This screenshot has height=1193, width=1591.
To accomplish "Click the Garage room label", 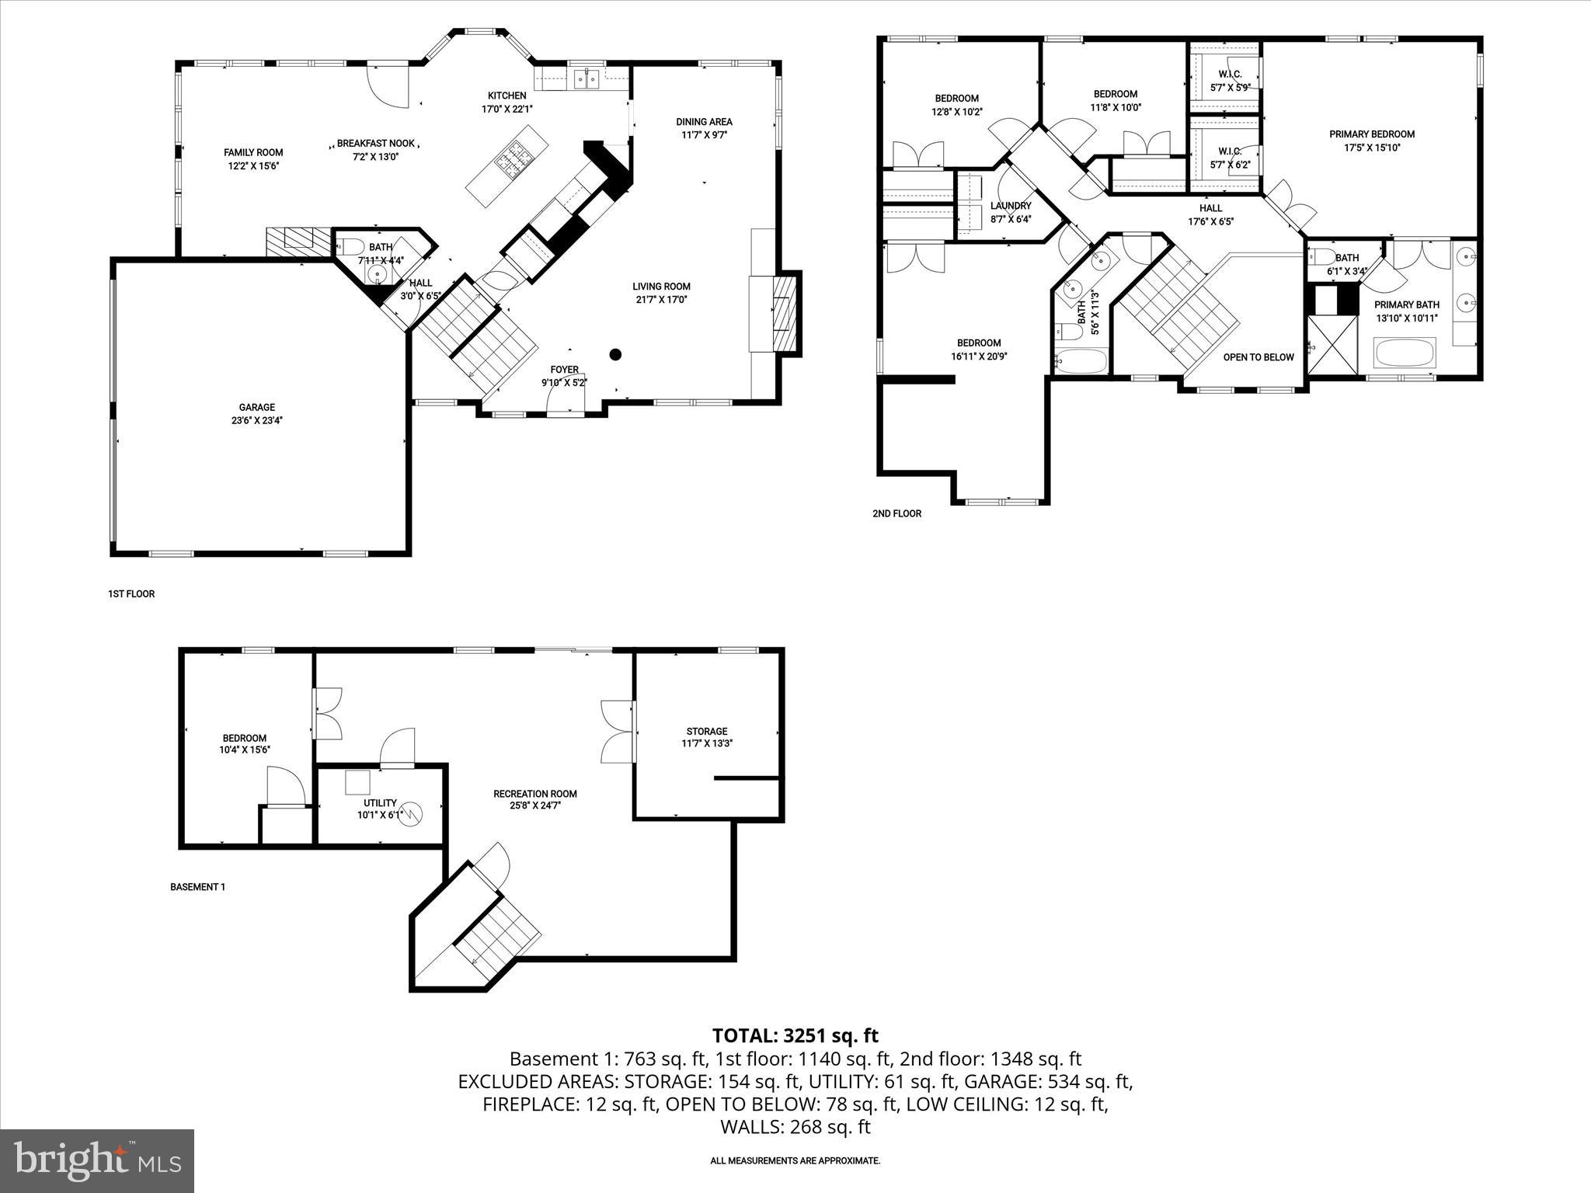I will (x=256, y=413).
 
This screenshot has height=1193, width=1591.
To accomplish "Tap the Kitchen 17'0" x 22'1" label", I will (x=507, y=102).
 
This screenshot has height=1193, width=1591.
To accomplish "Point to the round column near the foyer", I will (x=615, y=355).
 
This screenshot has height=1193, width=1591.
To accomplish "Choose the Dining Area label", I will (x=704, y=127).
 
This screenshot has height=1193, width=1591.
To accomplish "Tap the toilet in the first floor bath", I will (x=351, y=248).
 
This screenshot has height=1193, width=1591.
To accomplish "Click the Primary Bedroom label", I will (x=1371, y=141).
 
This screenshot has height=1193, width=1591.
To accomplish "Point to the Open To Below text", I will (x=1259, y=357).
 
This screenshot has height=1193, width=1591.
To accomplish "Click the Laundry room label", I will (x=1010, y=212).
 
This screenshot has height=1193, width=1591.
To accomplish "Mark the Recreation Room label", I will (x=534, y=799).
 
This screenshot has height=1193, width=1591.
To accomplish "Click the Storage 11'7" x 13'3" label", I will (x=706, y=736).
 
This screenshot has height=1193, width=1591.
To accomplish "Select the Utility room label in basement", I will (x=380, y=809).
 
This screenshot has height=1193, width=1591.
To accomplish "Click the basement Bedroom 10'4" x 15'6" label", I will (x=244, y=743).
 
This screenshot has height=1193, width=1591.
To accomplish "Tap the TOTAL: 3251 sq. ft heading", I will (x=795, y=1035).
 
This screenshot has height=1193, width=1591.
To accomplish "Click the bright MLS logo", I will (x=97, y=1160).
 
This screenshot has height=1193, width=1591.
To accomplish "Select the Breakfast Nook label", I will (x=376, y=149).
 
